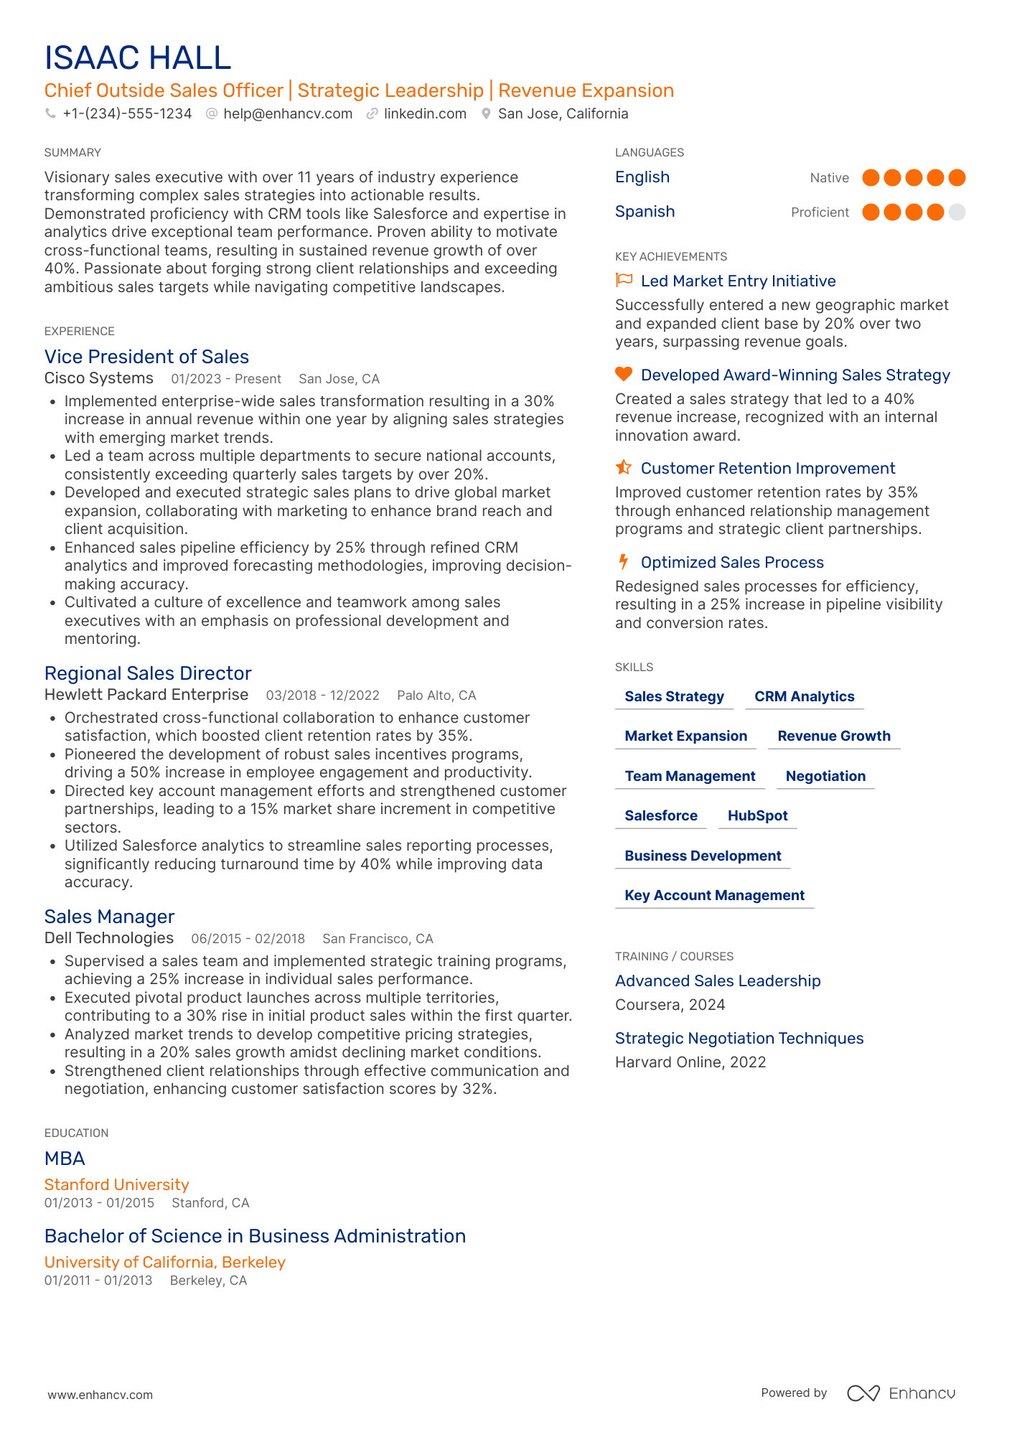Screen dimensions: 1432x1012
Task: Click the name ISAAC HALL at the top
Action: click(138, 57)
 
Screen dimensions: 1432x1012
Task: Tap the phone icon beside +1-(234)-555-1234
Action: click(50, 113)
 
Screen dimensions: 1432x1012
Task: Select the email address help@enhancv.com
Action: click(287, 113)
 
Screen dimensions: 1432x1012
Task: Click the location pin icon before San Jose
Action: click(486, 113)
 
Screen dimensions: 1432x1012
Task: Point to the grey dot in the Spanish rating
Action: click(957, 212)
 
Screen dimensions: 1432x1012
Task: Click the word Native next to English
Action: click(829, 178)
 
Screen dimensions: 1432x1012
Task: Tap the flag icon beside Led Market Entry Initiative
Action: click(624, 280)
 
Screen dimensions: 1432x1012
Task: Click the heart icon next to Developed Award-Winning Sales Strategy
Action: click(624, 374)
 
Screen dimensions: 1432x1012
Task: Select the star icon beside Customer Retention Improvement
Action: click(624, 467)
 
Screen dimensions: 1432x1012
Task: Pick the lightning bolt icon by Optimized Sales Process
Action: click(624, 561)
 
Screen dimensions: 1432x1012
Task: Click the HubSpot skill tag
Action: click(757, 815)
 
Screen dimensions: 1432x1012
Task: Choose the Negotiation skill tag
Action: click(825, 776)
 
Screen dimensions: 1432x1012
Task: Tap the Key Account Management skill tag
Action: click(714, 895)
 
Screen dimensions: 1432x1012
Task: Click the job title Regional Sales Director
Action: click(148, 673)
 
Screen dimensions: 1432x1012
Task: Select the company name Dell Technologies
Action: click(109, 938)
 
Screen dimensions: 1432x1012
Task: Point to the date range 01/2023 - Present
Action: click(226, 379)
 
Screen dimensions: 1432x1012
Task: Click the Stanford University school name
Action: click(117, 1184)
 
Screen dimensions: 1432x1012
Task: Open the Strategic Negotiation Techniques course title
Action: click(739, 1038)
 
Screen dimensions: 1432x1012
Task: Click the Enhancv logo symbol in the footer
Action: click(863, 1393)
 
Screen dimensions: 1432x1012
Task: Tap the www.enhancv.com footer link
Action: click(100, 1395)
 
